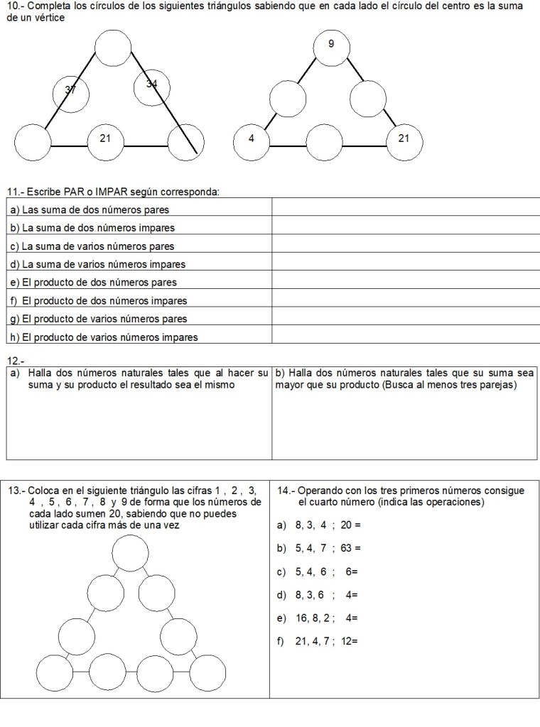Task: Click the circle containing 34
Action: (x=152, y=87)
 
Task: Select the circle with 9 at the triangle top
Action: (x=331, y=46)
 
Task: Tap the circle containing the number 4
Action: (x=252, y=139)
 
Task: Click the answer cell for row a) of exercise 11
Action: (x=405, y=209)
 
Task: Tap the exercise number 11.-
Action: (x=13, y=191)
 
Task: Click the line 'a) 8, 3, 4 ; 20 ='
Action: (x=319, y=525)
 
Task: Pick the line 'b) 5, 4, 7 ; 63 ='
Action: (x=319, y=548)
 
